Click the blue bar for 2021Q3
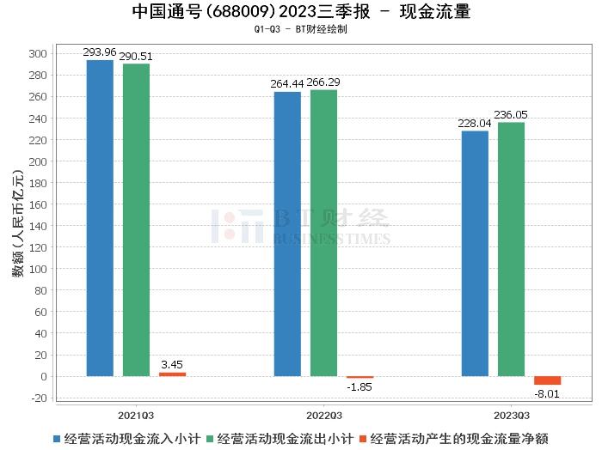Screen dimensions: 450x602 click(100, 218)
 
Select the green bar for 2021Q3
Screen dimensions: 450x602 click(136, 220)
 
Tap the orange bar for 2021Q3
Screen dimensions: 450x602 click(172, 374)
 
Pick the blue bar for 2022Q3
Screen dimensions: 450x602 click(287, 234)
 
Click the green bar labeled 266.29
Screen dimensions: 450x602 click(323, 233)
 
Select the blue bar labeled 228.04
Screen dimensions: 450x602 click(475, 253)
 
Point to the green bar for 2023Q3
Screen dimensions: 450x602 click(511, 249)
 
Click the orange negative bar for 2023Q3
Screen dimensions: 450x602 click(547, 380)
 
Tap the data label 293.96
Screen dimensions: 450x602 click(100, 52)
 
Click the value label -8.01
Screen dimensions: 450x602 click(547, 395)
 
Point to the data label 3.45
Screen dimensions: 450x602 click(172, 365)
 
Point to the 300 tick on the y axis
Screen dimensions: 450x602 click(37, 53)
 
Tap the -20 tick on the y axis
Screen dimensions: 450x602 click(37, 398)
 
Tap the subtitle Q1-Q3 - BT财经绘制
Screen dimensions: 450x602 click(301, 29)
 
